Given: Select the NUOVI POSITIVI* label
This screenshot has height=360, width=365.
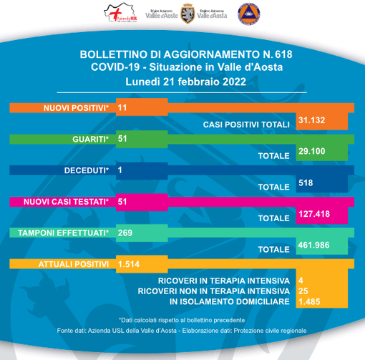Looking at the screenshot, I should (x=75, y=107).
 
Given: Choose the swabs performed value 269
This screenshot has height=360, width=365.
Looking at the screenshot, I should (x=126, y=233).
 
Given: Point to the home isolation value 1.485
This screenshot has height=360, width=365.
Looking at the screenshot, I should (x=310, y=303).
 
